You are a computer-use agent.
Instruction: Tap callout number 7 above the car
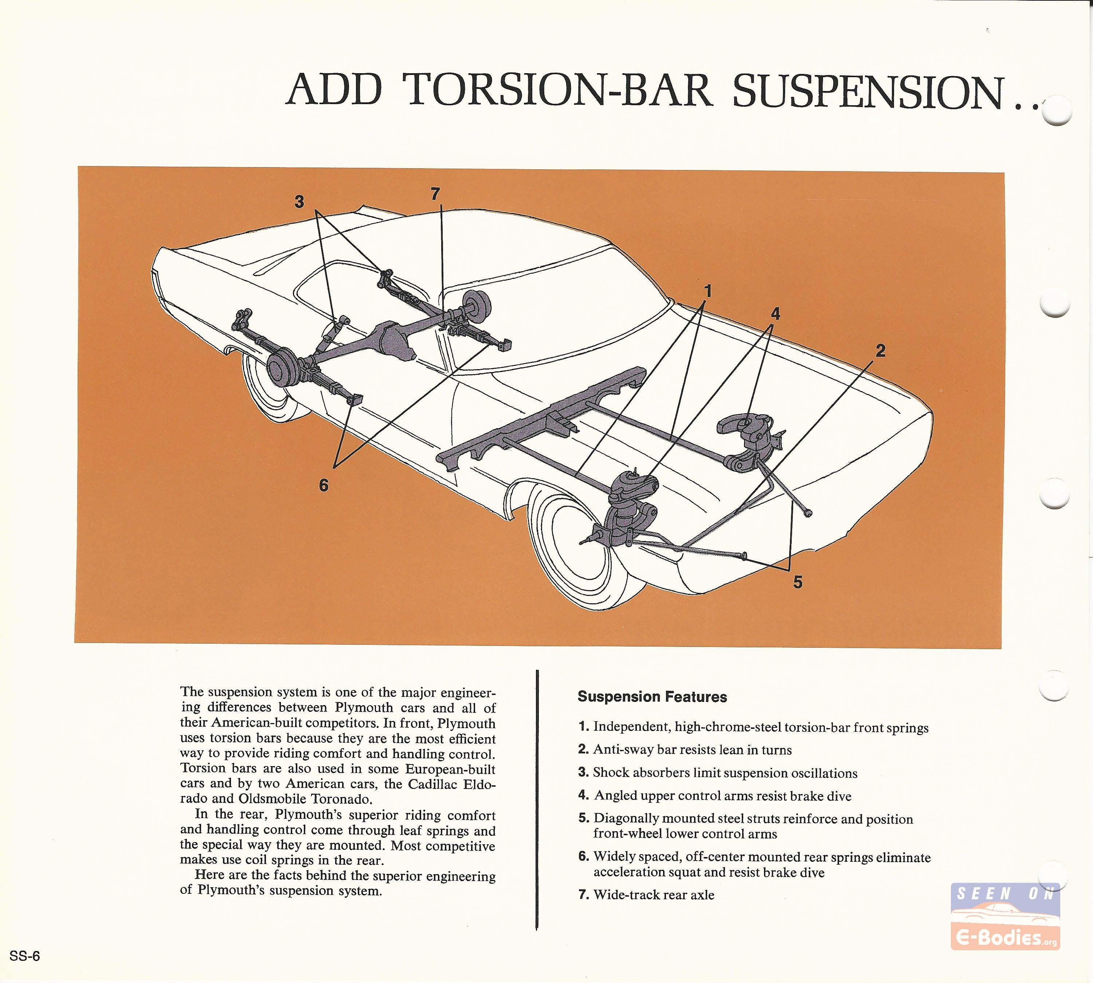(x=436, y=194)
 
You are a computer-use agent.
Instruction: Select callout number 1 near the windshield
(x=708, y=292)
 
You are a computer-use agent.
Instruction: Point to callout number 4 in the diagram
(x=775, y=314)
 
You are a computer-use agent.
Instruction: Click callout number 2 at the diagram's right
(x=881, y=351)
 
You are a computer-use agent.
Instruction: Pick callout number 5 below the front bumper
(x=798, y=582)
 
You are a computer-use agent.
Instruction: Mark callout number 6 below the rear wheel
(x=323, y=486)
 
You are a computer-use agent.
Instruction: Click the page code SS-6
(x=25, y=956)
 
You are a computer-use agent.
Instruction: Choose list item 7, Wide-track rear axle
(x=646, y=895)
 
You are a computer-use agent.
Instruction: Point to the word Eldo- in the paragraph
(x=479, y=784)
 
